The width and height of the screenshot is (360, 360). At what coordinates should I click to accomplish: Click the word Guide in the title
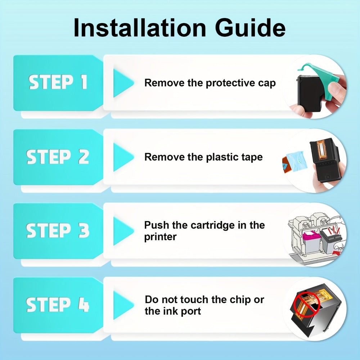point(250,28)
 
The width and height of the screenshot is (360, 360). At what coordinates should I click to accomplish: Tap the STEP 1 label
point(58,82)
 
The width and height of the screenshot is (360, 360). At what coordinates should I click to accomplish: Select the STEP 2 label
point(57,157)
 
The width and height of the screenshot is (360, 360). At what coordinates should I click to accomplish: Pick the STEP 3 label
point(57,230)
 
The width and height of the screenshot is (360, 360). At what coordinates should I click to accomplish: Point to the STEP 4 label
point(57,305)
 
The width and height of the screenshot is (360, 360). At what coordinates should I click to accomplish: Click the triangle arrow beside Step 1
point(123,83)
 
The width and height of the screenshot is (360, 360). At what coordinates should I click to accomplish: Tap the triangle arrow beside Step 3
point(123,231)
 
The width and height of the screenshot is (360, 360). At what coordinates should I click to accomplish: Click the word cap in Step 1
point(267,84)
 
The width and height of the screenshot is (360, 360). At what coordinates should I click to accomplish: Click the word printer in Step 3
point(160,237)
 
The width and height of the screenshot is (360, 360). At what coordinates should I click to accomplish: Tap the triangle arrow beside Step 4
point(123,305)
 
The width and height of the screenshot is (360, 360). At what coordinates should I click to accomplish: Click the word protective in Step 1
point(230,84)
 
